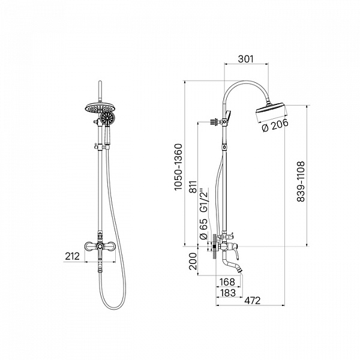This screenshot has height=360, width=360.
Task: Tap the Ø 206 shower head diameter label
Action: [x=275, y=124]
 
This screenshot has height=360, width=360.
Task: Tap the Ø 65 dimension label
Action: [x=203, y=230]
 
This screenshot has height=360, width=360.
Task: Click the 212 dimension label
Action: [x=72, y=257]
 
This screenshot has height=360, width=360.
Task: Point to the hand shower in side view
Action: [x=227, y=114]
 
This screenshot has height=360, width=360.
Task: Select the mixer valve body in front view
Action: [x=98, y=246]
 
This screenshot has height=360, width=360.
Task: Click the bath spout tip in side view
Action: [x=239, y=271]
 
